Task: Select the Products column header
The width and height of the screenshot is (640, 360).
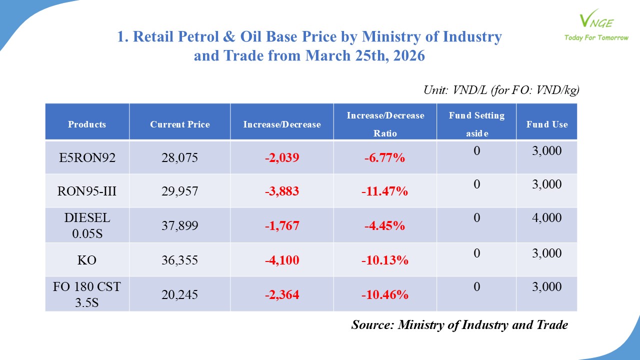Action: pyautogui.click(x=87, y=124)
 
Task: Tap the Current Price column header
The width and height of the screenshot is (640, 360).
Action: pyautogui.click(x=180, y=124)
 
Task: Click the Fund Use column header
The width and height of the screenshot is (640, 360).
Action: pyautogui.click(x=547, y=124)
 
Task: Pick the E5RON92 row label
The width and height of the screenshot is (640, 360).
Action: pyautogui.click(x=87, y=158)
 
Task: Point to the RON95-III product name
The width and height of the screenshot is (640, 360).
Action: pyautogui.click(x=87, y=191)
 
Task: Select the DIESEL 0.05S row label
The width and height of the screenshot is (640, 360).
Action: pyautogui.click(x=87, y=225)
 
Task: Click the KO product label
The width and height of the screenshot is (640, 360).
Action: pyautogui.click(x=87, y=260)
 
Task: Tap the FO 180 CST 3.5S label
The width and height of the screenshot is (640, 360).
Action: pyautogui.click(x=87, y=294)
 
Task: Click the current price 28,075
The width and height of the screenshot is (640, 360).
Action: pyautogui.click(x=180, y=158)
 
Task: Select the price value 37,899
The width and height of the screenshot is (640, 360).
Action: pyautogui.click(x=180, y=226)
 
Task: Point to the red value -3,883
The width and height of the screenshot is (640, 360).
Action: pyautogui.click(x=282, y=191)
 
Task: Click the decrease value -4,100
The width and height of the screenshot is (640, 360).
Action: pyautogui.click(x=282, y=260)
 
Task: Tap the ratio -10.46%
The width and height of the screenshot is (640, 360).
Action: pyautogui.click(x=385, y=295)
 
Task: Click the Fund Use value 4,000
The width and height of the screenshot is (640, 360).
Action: pyautogui.click(x=547, y=218)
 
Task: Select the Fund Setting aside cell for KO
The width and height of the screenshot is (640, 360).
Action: pyautogui.click(x=476, y=253)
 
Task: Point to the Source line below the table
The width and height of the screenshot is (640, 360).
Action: pyautogui.click(x=459, y=325)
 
